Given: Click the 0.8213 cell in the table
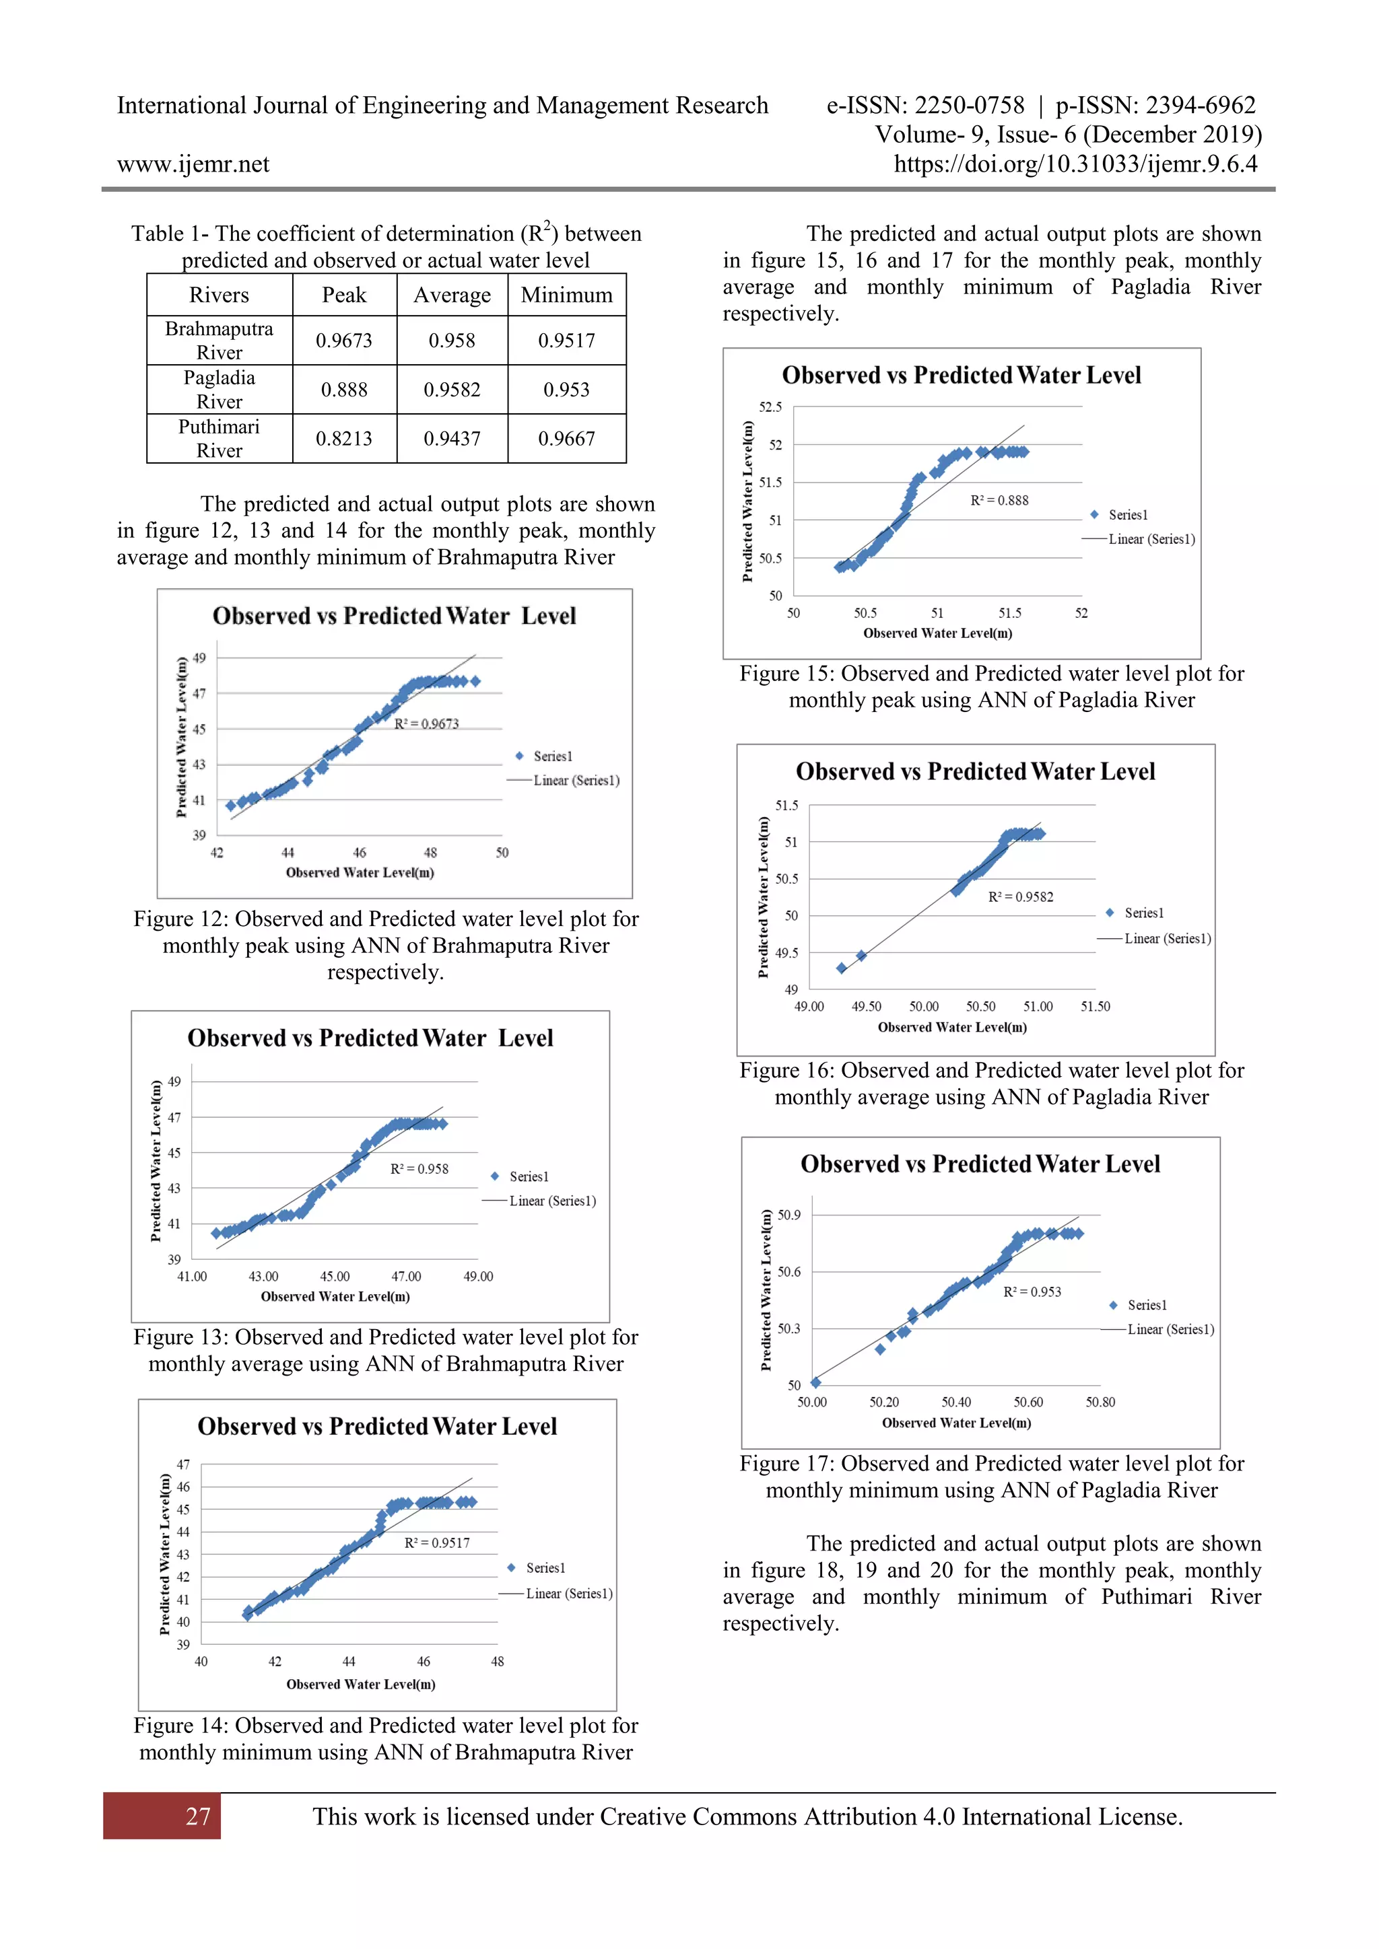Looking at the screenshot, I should (344, 439).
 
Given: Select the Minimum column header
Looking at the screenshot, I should (566, 295).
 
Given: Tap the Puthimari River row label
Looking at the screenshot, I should (219, 438).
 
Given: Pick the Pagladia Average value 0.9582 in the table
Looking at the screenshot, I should (452, 390).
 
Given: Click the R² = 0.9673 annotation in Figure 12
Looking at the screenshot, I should (426, 723).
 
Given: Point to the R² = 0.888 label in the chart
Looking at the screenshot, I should (999, 501).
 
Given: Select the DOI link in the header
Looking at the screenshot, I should (1075, 164).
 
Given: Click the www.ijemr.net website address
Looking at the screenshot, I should (194, 164).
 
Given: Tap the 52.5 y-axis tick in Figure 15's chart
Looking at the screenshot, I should (770, 406).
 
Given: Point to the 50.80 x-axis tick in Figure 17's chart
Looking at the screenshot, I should (1100, 1403).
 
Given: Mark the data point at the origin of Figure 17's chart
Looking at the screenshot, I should (815, 1382).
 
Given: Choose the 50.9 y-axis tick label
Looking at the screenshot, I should (789, 1215).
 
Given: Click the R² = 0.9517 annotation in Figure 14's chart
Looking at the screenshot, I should (436, 1543).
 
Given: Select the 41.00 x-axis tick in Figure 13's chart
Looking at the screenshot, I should (192, 1276).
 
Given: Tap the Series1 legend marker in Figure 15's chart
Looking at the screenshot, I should (1095, 514).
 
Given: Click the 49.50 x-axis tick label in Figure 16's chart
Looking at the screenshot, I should (866, 1007).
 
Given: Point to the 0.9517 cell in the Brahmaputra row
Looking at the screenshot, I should (566, 341).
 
